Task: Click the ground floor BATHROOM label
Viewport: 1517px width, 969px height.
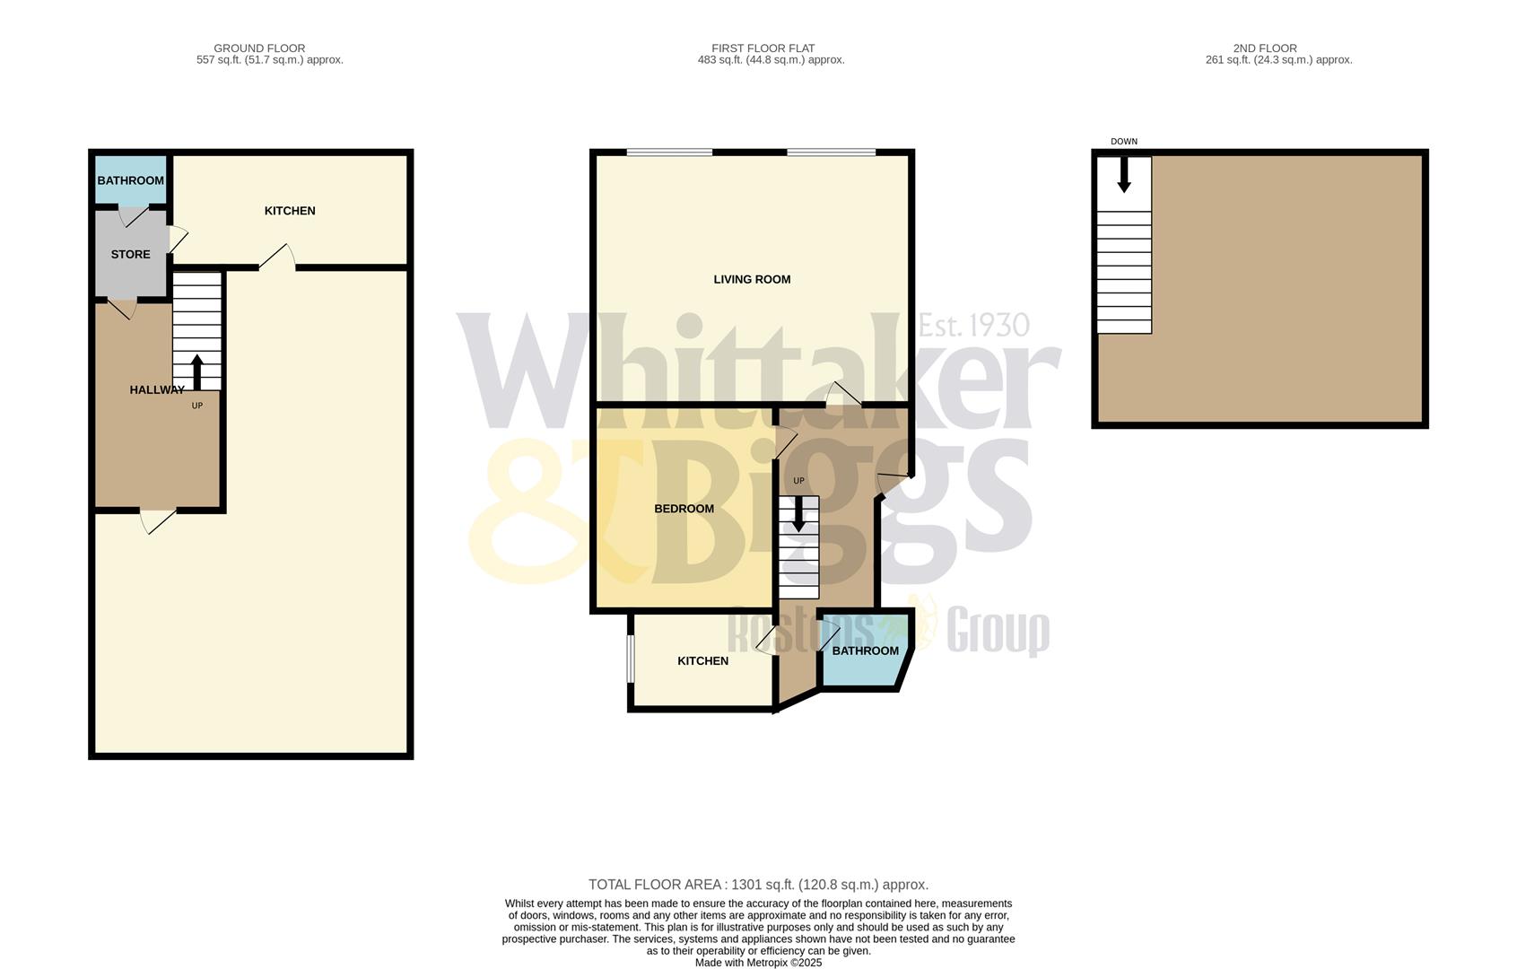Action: pos(130,180)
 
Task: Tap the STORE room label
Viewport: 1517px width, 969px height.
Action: pos(130,255)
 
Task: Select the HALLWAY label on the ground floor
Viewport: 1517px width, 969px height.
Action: pos(157,390)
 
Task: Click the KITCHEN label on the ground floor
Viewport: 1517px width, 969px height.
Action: pos(290,211)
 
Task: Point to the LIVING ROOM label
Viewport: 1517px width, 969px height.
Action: pos(752,280)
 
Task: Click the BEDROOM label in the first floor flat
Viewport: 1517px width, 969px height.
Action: pos(684,509)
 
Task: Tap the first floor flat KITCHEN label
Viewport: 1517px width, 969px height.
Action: pos(702,661)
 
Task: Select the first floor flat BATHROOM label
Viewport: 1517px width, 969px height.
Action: pos(865,651)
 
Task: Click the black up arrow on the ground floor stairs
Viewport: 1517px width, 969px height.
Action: pos(197,371)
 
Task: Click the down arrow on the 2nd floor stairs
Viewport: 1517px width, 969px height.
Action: pos(1123,176)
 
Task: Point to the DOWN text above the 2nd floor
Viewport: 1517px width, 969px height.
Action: pos(1123,142)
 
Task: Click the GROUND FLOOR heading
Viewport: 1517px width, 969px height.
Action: pos(259,48)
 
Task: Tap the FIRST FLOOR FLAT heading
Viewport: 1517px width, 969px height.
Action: pos(763,48)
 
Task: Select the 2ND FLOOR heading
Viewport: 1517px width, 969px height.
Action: pos(1265,48)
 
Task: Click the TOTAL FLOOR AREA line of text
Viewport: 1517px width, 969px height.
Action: pos(758,885)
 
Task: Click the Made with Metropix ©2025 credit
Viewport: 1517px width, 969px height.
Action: pos(758,963)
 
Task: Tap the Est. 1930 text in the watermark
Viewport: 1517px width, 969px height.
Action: pos(974,325)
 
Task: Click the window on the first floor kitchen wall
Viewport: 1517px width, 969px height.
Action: pos(630,659)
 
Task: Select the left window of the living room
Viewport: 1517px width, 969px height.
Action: pos(669,153)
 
